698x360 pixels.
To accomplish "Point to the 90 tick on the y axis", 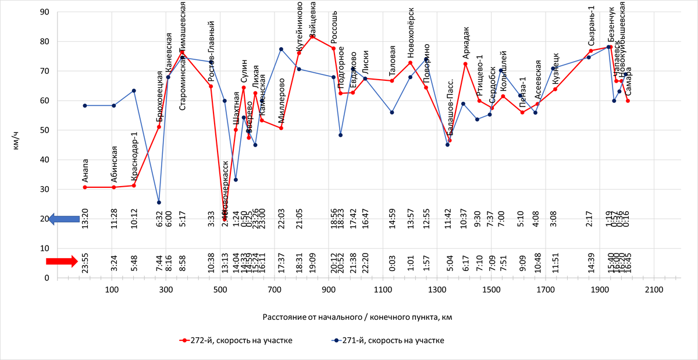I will (x=44, y=12).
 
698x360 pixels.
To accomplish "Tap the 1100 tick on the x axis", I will (x=382, y=290).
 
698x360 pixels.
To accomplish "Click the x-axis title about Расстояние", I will (x=357, y=317).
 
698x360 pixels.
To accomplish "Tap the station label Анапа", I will (x=85, y=170).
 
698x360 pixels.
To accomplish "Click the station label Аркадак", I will (x=465, y=42).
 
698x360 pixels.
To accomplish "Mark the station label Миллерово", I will (x=282, y=100).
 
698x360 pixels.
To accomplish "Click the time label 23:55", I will (x=85, y=263).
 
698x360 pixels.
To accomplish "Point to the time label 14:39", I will (x=591, y=263).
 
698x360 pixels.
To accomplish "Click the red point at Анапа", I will (x=85, y=187).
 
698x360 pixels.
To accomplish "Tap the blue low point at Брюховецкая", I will (x=159, y=202).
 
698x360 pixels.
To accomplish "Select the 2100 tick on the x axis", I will (x=653, y=290).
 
